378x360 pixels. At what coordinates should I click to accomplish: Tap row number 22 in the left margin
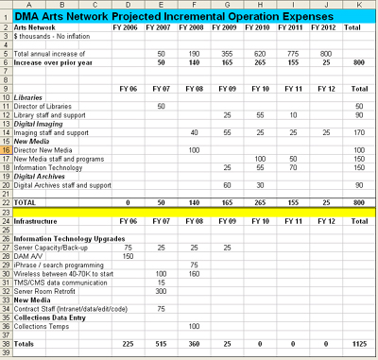[7, 202]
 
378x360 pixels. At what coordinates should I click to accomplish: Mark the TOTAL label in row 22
[27, 202]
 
